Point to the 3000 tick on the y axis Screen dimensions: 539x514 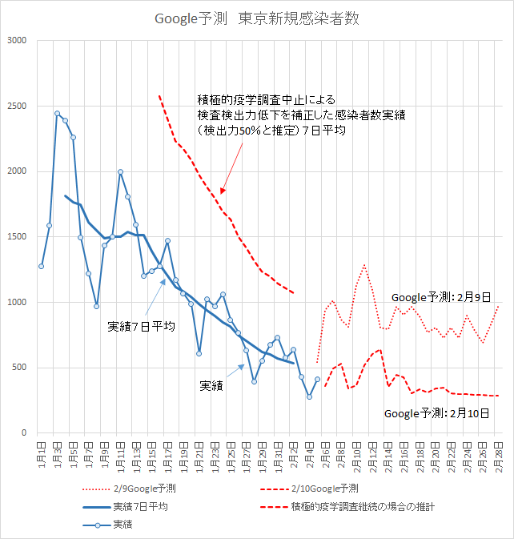tap(18, 41)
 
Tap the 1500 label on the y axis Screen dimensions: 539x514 tap(18, 237)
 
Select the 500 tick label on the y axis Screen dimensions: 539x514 tap(20, 368)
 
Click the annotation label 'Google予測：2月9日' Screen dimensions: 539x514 tap(440, 297)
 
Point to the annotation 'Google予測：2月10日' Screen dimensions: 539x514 tap(437, 414)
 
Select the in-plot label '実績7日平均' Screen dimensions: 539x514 tap(142, 327)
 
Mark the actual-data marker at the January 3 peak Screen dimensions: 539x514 tap(57, 113)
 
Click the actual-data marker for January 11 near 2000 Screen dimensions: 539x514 tap(120, 171)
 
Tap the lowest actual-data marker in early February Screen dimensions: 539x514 tap(309, 396)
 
